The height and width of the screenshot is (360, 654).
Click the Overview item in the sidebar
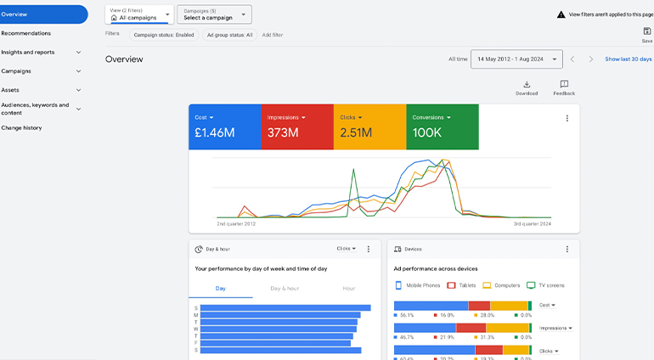tap(42, 14)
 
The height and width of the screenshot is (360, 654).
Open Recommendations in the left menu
tap(26, 33)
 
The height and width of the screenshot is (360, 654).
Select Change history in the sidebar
tap(21, 128)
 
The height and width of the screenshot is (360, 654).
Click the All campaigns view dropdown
tap(139, 14)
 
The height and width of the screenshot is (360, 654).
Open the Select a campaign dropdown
tap(214, 14)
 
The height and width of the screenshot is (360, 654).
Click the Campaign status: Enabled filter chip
tap(164, 35)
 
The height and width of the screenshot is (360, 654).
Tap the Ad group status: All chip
tap(229, 35)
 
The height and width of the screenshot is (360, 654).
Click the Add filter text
tap(273, 35)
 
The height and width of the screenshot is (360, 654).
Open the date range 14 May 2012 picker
tap(516, 59)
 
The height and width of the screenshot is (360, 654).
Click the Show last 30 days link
tap(628, 59)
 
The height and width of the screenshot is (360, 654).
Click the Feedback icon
tap(564, 85)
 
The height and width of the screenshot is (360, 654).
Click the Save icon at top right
tap(647, 31)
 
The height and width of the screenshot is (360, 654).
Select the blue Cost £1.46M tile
tap(224, 127)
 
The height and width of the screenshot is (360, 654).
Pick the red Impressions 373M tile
tap(296, 127)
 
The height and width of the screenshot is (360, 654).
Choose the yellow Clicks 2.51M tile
tap(369, 127)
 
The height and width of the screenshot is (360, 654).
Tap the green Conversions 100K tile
tap(442, 127)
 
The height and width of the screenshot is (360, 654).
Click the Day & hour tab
tap(285, 289)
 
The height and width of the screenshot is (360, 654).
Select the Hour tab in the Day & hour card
tap(349, 289)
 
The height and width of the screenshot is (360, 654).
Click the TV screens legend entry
tap(545, 285)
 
